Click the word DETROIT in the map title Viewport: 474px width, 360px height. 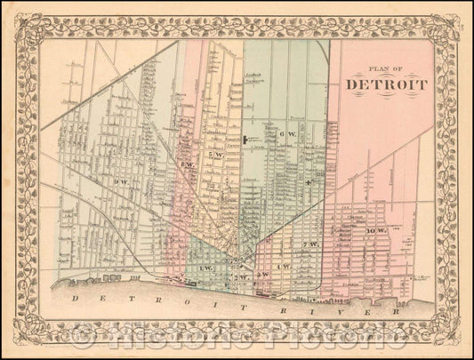point(385,85)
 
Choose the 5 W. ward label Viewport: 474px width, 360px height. point(213,156)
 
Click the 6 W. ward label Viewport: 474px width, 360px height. point(286,134)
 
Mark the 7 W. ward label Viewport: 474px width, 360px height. point(310,244)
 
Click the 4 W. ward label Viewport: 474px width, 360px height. point(285,267)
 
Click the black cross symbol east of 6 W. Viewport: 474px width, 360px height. point(309,182)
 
